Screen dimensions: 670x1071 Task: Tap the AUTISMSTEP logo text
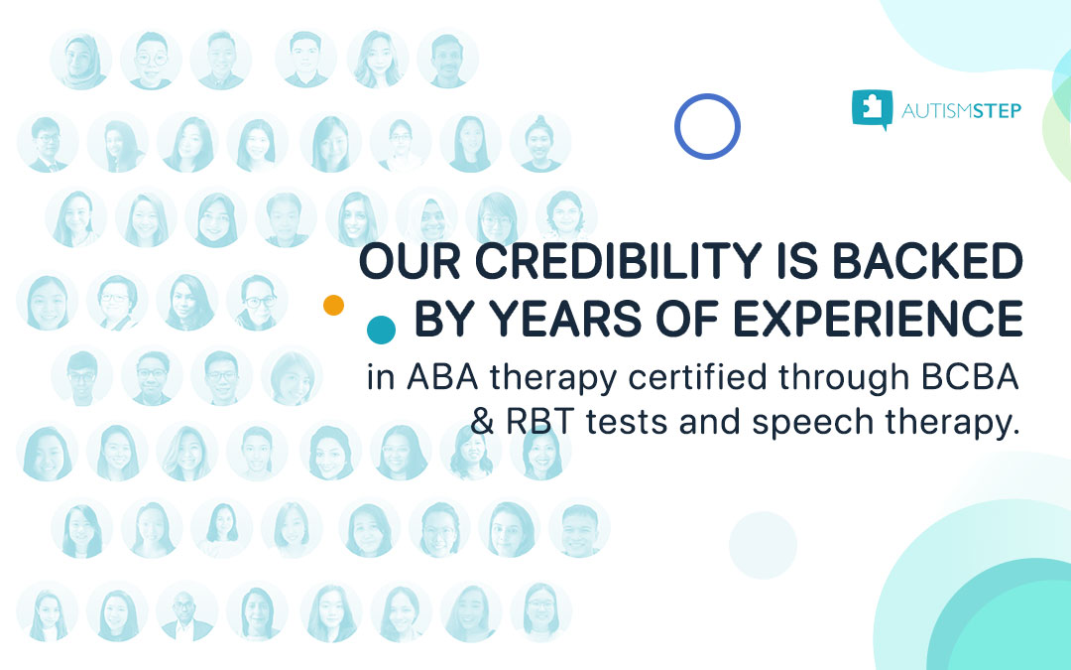click(961, 110)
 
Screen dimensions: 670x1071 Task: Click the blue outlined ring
click(707, 126)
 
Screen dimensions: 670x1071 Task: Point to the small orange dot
click(333, 305)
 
